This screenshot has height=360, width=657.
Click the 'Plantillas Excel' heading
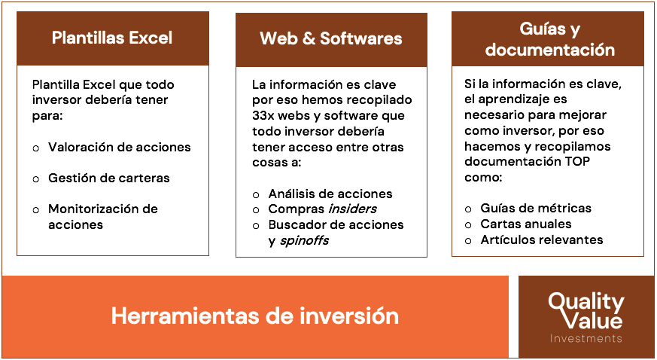(112, 38)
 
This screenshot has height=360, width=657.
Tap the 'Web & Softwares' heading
(331, 38)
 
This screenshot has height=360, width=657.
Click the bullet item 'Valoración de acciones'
(119, 148)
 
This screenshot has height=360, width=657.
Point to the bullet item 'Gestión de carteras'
(108, 178)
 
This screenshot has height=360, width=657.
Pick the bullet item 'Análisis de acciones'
(330, 194)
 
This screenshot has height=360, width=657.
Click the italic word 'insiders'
(352, 209)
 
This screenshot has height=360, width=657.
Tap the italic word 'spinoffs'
(304, 241)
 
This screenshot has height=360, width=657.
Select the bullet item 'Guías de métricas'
(536, 209)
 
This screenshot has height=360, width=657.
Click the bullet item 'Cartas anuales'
(526, 224)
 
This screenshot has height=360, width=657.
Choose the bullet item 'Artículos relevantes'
(542, 240)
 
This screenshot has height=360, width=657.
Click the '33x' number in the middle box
(263, 116)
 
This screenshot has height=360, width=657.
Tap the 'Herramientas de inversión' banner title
(254, 316)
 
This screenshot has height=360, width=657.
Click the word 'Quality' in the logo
(586, 303)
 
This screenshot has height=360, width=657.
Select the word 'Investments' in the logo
(586, 339)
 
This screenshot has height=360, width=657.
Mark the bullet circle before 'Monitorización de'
(35, 209)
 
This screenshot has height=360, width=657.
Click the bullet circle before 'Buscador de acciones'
(257, 225)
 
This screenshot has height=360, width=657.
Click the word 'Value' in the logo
(595, 321)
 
